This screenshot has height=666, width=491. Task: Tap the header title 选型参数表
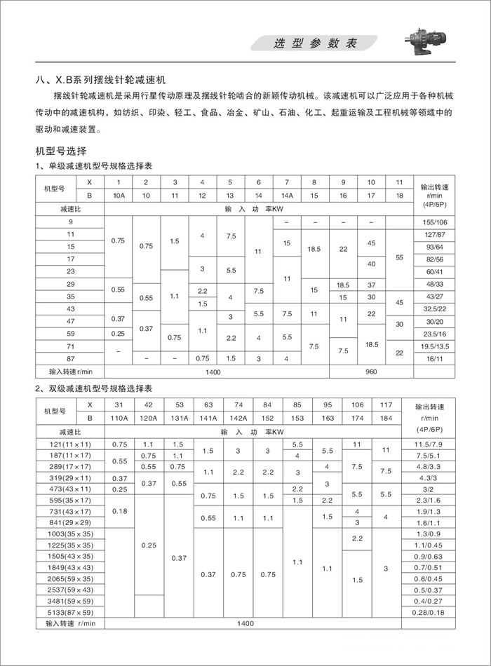[x=316, y=43]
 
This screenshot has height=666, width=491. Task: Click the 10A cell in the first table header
[x=118, y=195]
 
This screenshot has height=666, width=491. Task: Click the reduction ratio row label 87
[x=70, y=358]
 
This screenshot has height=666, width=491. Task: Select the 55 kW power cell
[x=400, y=258]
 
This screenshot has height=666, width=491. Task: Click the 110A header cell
[x=119, y=419]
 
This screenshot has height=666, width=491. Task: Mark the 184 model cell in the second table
[x=385, y=419]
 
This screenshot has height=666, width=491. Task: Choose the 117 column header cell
[x=385, y=405]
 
